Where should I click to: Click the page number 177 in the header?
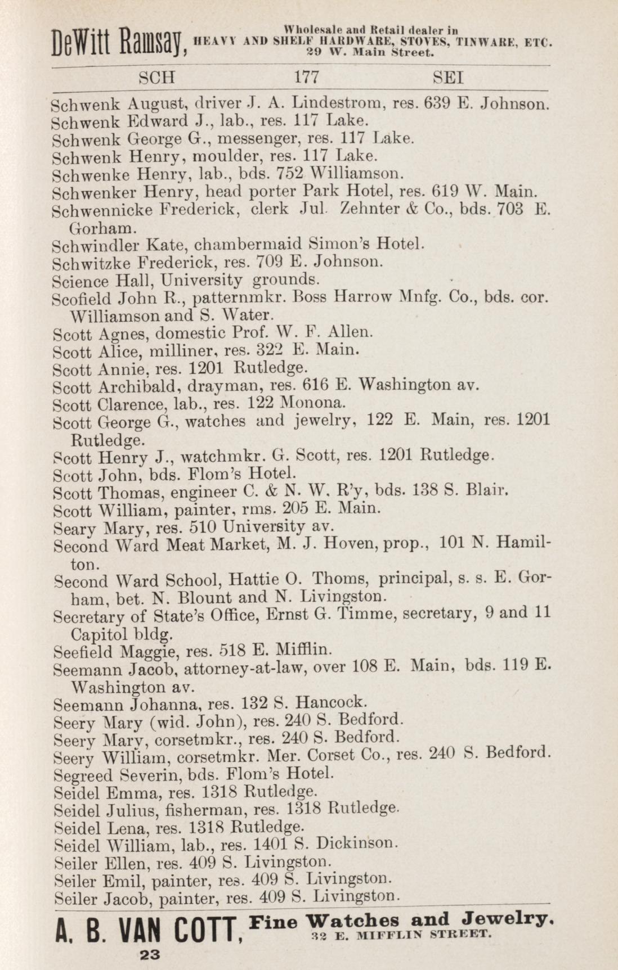(x=307, y=77)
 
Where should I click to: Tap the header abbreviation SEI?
(x=448, y=77)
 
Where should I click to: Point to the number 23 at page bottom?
(x=148, y=954)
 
